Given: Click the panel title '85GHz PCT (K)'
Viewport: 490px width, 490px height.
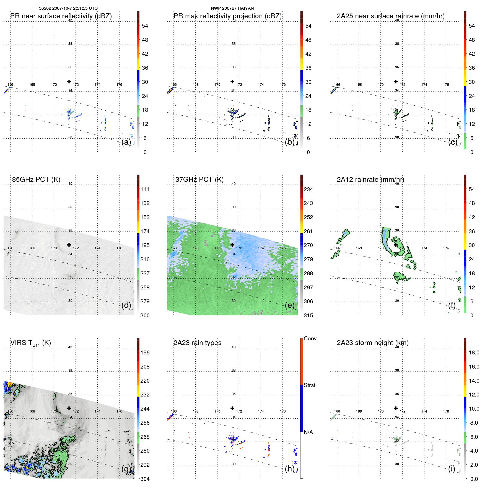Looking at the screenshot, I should coord(36,180).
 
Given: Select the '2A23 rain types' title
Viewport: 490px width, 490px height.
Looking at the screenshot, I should coord(197,343).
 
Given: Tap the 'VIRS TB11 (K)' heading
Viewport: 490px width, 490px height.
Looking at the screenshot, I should coord(30,343).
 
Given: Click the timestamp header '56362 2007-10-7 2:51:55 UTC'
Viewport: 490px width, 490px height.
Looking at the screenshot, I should coord(68,8).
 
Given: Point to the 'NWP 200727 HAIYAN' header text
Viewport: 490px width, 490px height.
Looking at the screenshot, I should coord(232,8).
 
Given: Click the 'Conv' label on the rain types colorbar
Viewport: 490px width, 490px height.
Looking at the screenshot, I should coord(310,338).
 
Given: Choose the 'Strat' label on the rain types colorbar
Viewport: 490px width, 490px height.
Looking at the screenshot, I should coord(309,385).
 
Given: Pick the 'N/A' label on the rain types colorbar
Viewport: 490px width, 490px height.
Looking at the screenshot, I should coord(308,432).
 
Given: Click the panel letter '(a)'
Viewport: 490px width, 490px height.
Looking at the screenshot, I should coord(126,142).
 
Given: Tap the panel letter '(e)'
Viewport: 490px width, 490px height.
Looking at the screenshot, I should coord(290,305).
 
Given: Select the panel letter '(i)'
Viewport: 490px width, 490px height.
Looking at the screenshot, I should coord(452,469).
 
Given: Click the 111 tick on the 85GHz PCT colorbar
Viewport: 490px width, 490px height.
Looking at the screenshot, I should coord(145,189).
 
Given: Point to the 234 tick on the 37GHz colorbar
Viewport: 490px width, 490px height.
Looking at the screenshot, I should coord(308,189).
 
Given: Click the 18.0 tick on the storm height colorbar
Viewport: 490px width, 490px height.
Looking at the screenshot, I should coord(474,352).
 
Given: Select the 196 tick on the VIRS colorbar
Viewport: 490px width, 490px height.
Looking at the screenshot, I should coord(145,352).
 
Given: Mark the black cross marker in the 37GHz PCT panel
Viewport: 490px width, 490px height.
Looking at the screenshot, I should coord(232,245).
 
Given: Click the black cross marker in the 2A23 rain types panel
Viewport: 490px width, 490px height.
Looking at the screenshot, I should coord(232,408).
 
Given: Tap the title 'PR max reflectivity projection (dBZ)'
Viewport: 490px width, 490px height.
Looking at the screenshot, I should coord(227,16).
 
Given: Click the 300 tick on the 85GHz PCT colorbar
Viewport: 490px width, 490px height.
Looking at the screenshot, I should coord(145,315).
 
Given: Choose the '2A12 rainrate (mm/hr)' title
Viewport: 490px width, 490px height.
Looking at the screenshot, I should coord(370,180).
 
